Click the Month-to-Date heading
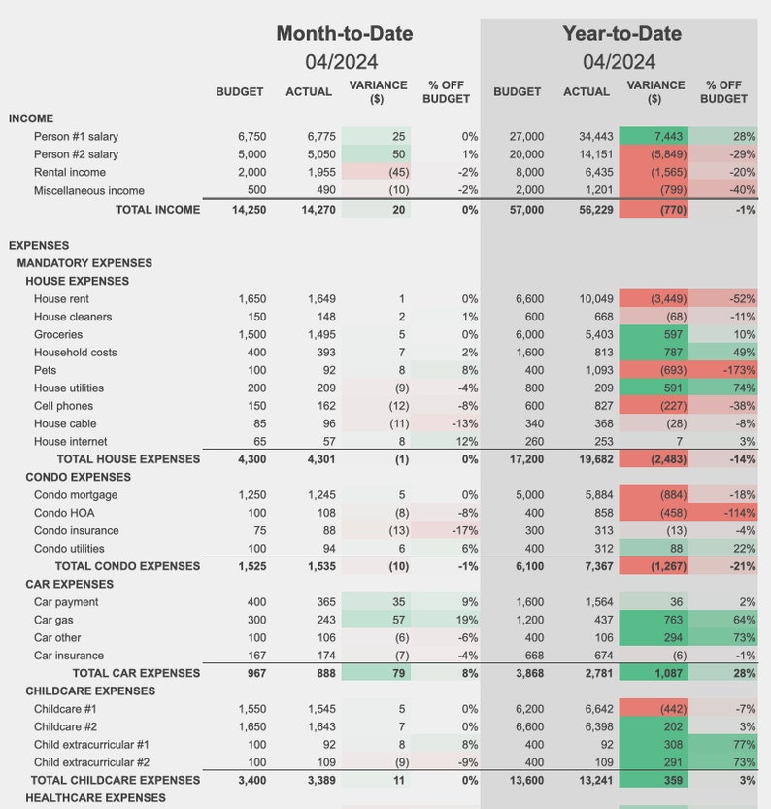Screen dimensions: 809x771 (344, 33)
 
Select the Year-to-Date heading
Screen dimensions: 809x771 (621, 33)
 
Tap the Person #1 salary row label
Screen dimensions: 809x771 (76, 137)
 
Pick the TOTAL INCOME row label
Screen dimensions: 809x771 (157, 209)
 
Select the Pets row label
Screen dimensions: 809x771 (45, 370)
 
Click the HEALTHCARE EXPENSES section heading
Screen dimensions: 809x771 (95, 797)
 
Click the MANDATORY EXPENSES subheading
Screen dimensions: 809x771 (84, 263)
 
